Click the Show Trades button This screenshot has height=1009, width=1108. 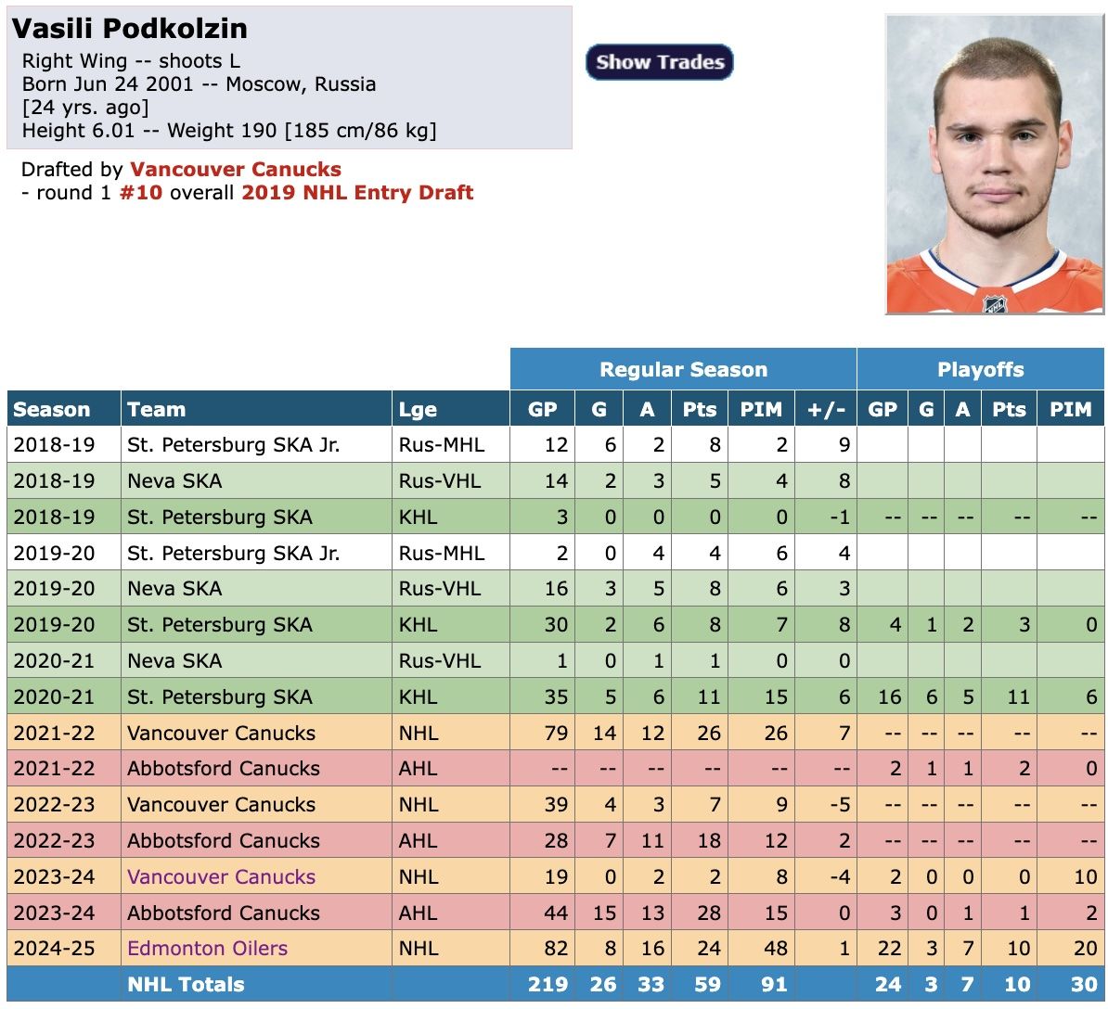660,62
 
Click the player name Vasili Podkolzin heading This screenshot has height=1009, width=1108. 130,28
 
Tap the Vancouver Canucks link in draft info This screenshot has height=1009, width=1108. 236,170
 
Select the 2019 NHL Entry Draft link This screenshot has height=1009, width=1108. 357,193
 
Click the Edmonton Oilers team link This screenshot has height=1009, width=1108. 207,949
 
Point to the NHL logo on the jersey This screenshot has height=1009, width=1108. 995,303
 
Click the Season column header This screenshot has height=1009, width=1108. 52,410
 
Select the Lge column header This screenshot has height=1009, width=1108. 418,410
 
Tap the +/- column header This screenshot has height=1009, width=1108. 826,410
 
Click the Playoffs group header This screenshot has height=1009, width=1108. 980,370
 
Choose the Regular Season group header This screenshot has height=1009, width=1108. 683,370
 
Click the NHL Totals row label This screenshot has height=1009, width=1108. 186,985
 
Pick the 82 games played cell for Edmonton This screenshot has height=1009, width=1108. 556,949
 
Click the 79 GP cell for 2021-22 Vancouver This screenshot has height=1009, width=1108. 556,733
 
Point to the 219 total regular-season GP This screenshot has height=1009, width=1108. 548,985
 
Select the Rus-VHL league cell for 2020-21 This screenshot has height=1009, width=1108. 440,661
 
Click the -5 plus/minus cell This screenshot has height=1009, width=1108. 838,805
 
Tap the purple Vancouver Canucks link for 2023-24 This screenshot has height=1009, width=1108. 221,876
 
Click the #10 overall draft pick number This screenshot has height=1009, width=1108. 140,193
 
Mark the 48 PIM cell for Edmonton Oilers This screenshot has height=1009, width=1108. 776,949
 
